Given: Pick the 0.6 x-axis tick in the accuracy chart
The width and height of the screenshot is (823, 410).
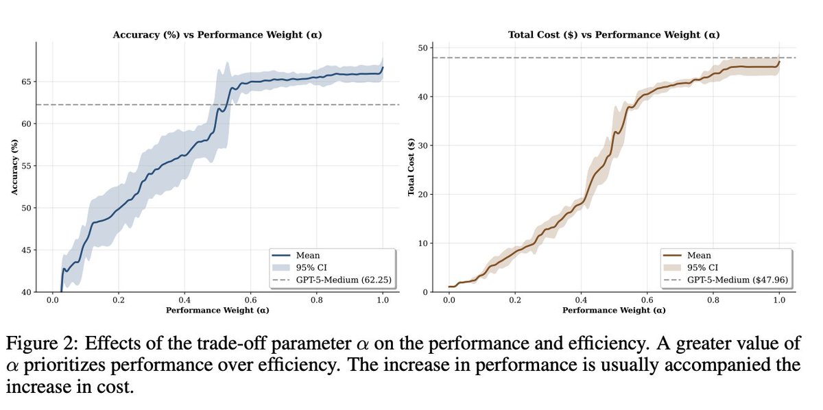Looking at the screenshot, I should coord(250,300).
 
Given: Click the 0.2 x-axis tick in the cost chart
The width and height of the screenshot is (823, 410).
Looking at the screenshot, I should coord(515,300).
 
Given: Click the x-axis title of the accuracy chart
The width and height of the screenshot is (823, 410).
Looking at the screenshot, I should coord(217,310).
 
